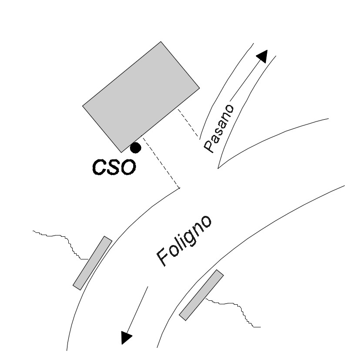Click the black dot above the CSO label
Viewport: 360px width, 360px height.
[135, 148]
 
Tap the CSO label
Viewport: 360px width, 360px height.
[114, 167]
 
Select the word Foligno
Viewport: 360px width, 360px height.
[184, 241]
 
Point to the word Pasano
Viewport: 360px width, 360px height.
[219, 128]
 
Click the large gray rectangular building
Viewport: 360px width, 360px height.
[141, 97]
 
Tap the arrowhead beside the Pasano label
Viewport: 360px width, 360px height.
[262, 56]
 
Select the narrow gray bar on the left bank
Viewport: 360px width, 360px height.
[93, 263]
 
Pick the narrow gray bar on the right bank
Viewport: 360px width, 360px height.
[202, 295]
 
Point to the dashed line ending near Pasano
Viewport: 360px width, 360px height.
[188, 124]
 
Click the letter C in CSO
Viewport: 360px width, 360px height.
[99, 167]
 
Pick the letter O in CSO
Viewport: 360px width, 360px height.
[128, 167]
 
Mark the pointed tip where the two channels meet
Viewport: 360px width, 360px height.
[218, 168]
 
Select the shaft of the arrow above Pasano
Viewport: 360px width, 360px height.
[245, 81]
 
